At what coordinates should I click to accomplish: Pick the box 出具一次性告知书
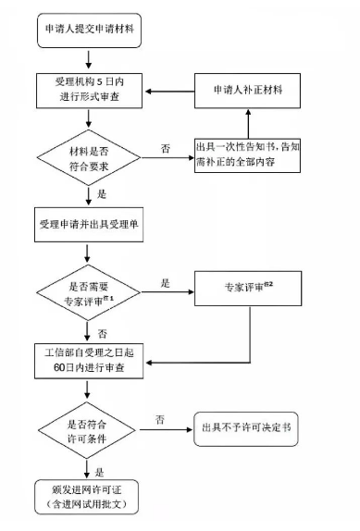coord(253,153)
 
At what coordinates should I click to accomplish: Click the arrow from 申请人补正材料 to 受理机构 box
coord(167,91)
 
